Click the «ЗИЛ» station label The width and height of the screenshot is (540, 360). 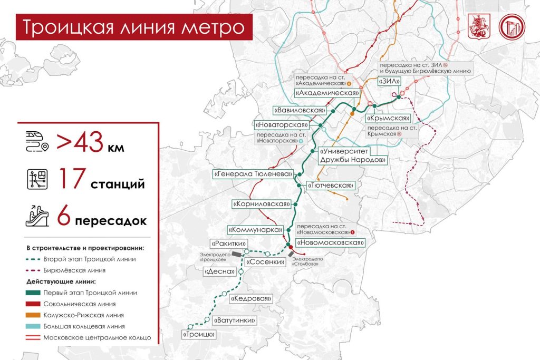[x=390, y=81]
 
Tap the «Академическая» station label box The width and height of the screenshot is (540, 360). [x=324, y=93]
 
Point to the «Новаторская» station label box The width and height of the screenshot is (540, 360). [x=281, y=125]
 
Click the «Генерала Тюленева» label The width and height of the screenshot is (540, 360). [x=253, y=173]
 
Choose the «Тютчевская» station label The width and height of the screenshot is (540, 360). [x=331, y=186]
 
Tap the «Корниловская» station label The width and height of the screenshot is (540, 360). [x=262, y=203]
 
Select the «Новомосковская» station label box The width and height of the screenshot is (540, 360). [x=330, y=242]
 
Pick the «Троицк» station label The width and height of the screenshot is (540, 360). [x=199, y=334]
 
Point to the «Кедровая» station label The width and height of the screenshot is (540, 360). [x=251, y=299]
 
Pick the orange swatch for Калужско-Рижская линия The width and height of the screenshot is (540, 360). [x=34, y=315]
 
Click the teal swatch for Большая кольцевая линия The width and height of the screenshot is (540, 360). [x=34, y=326]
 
